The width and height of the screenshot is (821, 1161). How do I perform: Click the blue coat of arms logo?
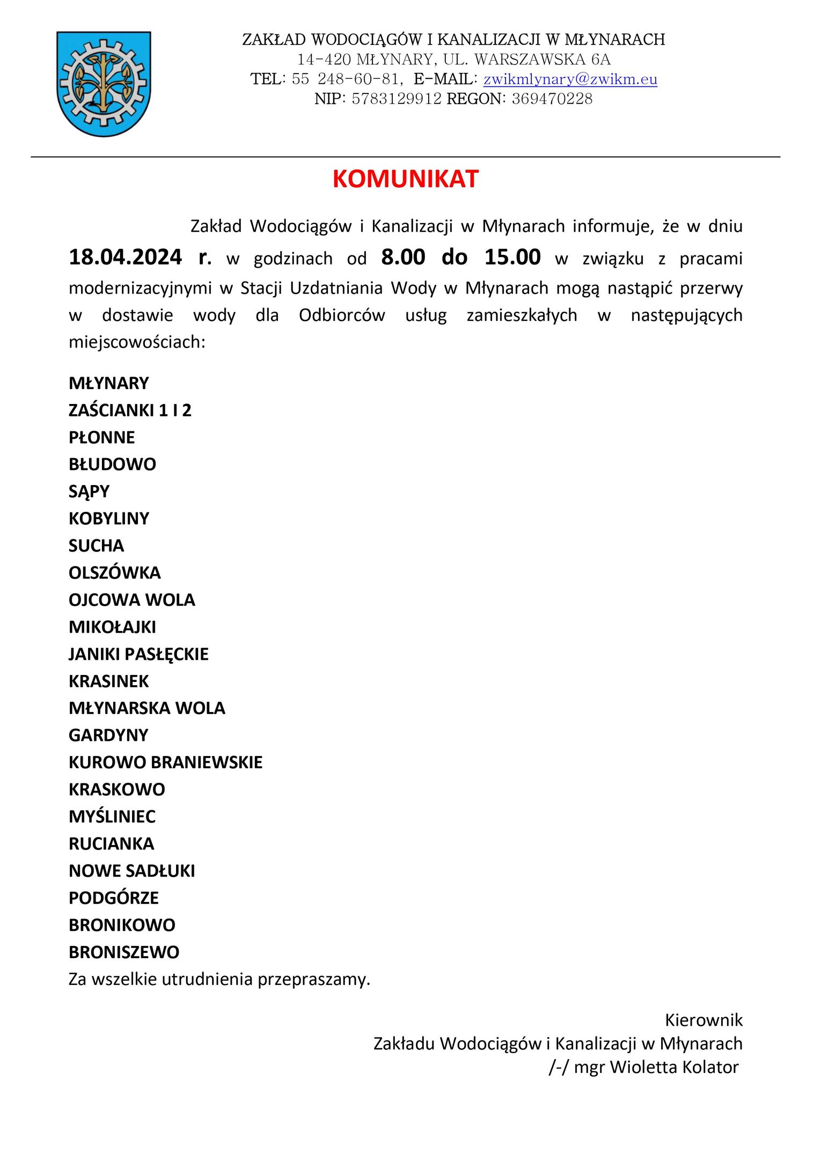[x=104, y=83]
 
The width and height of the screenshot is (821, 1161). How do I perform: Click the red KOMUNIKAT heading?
[x=405, y=179]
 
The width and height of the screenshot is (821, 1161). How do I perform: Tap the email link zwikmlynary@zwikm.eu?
[x=570, y=79]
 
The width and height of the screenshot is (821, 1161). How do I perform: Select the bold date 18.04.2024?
[x=126, y=258]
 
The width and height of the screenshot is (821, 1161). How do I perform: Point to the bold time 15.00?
[x=512, y=258]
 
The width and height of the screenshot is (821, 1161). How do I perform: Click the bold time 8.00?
[x=403, y=258]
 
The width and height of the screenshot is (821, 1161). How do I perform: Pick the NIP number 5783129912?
[x=397, y=99]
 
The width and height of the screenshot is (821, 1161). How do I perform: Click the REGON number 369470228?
[x=552, y=99]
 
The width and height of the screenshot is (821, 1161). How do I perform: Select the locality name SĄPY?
[x=89, y=491]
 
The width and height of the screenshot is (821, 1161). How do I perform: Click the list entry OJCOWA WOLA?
[x=131, y=600]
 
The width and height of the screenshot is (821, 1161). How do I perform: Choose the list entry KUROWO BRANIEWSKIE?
[x=165, y=762]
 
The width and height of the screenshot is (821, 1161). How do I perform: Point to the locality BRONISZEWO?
[x=124, y=952]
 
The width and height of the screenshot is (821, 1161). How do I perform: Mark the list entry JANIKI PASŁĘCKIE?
[x=138, y=654]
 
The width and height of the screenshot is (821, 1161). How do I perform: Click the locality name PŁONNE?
[x=101, y=437]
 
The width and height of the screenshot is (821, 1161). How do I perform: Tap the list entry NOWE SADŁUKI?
[x=131, y=871]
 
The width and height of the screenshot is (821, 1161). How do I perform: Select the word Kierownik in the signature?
[x=703, y=1020]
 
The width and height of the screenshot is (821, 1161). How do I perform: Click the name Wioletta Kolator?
[x=674, y=1067]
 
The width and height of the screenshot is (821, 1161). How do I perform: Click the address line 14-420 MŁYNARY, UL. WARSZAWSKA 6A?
[x=453, y=60]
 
